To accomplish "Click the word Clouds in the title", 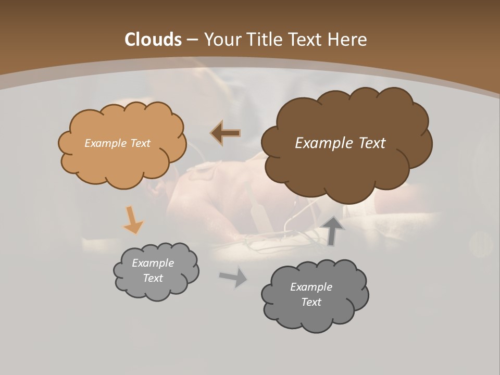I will (153, 40).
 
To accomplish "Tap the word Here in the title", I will (347, 40).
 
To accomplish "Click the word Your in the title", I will (222, 40).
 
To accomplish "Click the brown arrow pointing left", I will (226, 133).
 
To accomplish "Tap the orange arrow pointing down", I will (133, 220).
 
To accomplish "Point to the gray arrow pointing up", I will (333, 231).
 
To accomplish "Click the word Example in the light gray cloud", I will (153, 263).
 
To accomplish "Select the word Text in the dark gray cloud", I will (311, 302).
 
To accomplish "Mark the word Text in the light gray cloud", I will (153, 278).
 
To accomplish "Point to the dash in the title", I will (192, 40).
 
